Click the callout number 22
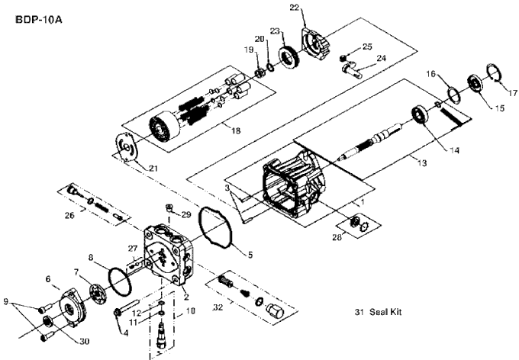pos(294,8)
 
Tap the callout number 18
pos(236,130)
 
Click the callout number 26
pos(70,216)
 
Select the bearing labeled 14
pos(420,117)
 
